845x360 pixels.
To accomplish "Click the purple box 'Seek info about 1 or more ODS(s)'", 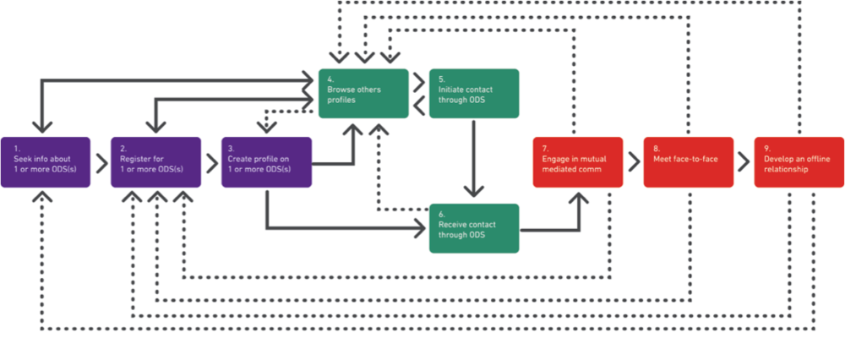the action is click(46, 162).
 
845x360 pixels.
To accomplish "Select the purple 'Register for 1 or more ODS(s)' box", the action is click(156, 162).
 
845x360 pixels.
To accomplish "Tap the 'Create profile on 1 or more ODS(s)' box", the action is click(267, 162).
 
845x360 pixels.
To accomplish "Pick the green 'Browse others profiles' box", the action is click(363, 93).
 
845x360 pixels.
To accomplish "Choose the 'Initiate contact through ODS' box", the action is click(474, 93).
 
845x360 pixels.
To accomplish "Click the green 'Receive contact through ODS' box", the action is click(474, 228).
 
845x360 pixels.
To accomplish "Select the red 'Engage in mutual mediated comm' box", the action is click(578, 162).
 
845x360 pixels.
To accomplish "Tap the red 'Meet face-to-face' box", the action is click(689, 162).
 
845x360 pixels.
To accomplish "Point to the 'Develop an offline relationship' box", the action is click(799, 162).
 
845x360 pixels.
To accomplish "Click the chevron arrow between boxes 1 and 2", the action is click(102, 162).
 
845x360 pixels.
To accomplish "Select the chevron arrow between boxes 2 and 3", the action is click(212, 162).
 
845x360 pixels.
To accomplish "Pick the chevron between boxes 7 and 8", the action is click(634, 162).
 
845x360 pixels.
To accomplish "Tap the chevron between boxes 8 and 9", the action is click(744, 162).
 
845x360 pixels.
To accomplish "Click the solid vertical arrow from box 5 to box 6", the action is click(474, 158).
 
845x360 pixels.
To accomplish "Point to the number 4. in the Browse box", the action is click(330, 79).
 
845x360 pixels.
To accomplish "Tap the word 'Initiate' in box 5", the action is click(451, 90).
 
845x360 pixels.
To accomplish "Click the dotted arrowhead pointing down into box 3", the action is click(265, 128).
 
